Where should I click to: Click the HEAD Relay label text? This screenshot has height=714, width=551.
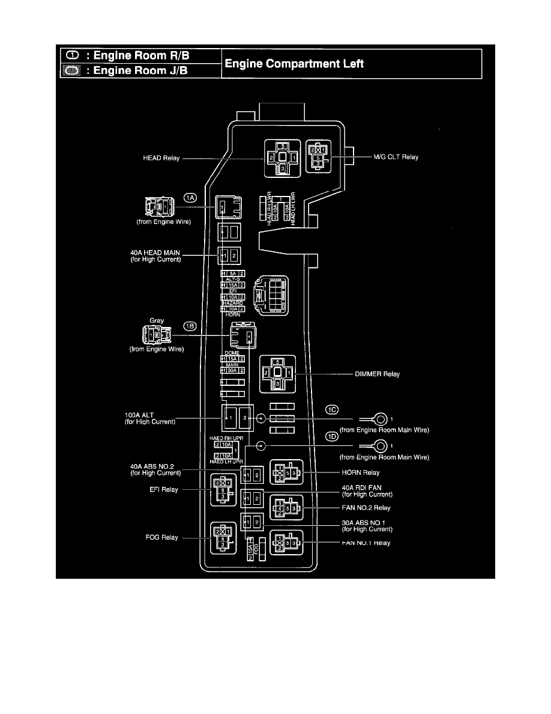(161, 158)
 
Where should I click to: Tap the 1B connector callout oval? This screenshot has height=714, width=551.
(190, 326)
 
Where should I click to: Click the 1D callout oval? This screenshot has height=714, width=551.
(332, 437)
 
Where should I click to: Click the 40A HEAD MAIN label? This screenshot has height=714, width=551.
(155, 256)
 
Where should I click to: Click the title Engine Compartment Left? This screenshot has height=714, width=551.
(294, 64)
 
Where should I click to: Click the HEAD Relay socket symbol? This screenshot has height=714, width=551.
(282, 157)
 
